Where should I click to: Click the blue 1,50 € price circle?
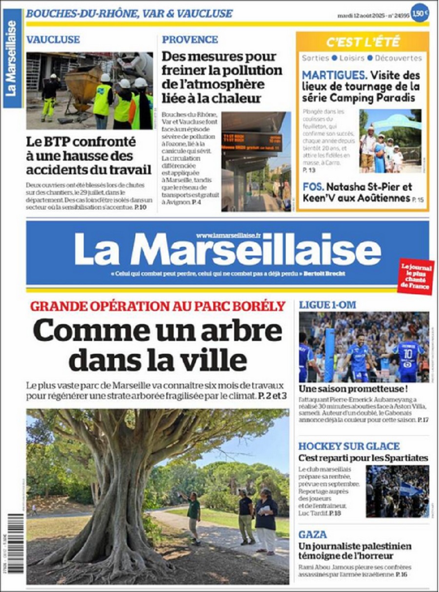[x=419, y=13]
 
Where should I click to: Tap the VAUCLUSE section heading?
[x=53, y=40]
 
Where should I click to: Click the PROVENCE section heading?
[x=190, y=40]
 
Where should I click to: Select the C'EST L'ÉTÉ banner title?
[x=363, y=42]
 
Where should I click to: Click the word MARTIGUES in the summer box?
[x=334, y=75]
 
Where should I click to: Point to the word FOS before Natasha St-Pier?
[x=313, y=187]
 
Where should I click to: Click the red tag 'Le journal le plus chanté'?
[x=416, y=276]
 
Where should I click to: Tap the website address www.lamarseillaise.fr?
[x=228, y=235]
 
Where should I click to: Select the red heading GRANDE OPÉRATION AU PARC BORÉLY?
[x=158, y=306]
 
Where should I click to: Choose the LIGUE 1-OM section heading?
[x=327, y=305]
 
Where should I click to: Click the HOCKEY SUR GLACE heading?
[x=349, y=446]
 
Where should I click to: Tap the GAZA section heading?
[x=313, y=534]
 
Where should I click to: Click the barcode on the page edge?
[x=15, y=542]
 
